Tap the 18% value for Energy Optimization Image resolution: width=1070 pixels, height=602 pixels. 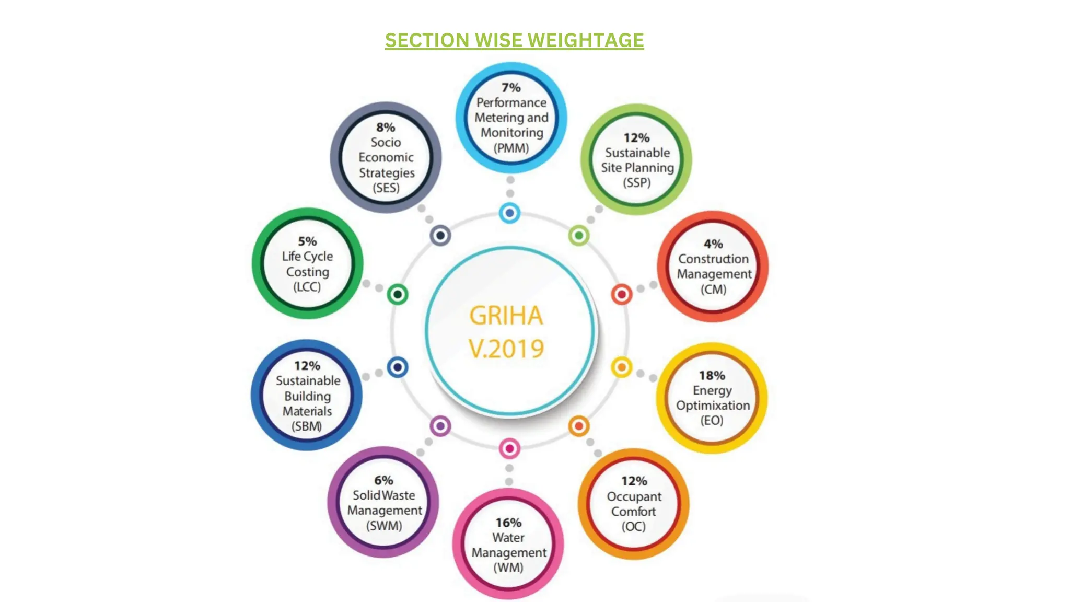[x=712, y=376]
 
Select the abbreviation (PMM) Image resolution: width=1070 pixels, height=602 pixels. [x=511, y=148]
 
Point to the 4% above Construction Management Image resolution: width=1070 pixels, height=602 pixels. [x=713, y=244]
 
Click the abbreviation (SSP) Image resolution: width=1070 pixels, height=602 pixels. [x=636, y=183]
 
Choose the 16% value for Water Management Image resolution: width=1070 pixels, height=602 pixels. [x=508, y=523]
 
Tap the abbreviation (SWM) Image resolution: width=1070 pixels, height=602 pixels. [x=384, y=526]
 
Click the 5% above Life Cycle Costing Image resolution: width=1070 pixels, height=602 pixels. [x=307, y=241]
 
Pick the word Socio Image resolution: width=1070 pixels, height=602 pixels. [x=386, y=142]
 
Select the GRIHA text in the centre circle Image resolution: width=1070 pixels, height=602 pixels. [x=506, y=316]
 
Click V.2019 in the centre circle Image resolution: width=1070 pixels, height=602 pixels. [x=506, y=349]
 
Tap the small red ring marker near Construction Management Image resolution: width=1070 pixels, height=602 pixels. [x=621, y=295]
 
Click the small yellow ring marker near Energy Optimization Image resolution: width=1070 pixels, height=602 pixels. [x=621, y=367]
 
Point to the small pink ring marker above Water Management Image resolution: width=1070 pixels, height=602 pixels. [x=509, y=448]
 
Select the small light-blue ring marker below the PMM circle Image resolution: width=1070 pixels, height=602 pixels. [x=509, y=213]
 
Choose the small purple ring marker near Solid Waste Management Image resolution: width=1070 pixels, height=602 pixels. [x=440, y=426]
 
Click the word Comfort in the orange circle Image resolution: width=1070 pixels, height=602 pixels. [x=633, y=512]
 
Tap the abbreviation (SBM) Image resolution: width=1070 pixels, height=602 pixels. [x=307, y=426]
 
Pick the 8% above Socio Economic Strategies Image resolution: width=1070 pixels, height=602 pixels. [x=386, y=128]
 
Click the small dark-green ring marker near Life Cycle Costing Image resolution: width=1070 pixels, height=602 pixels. [x=398, y=295]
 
